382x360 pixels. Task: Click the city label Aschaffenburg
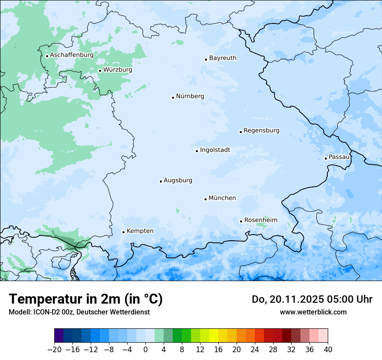click(72, 55)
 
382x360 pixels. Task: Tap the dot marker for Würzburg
click(100, 71)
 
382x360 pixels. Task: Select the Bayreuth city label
click(223, 58)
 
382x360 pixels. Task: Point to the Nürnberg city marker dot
click(173, 98)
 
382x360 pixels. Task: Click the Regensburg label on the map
click(261, 131)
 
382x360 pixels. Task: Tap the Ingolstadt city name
click(215, 150)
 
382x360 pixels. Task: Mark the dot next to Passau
click(326, 158)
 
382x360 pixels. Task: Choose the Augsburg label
click(178, 180)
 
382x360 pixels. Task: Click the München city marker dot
click(205, 199)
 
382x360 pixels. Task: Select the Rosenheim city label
click(260, 220)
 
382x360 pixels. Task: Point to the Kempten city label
click(140, 231)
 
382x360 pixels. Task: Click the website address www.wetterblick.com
click(313, 312)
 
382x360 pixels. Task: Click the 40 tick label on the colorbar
click(328, 349)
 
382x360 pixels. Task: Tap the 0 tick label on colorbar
click(145, 349)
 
